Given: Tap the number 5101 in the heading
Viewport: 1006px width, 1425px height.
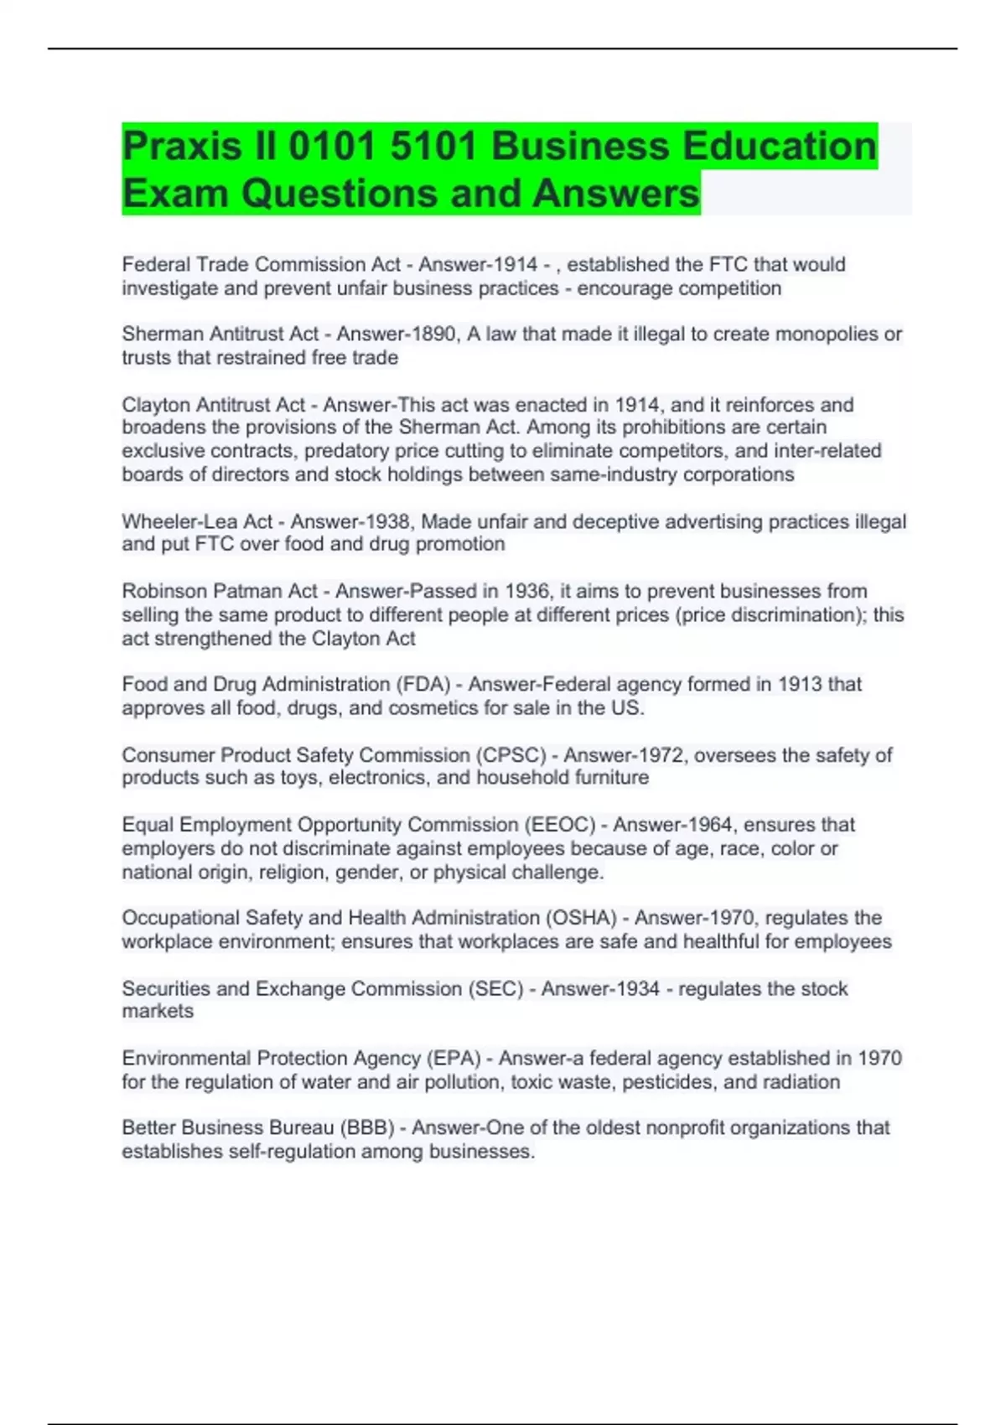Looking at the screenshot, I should [434, 147].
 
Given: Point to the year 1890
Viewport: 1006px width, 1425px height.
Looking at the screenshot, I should [437, 334].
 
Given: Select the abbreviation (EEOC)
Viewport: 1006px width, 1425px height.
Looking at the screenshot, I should [559, 825].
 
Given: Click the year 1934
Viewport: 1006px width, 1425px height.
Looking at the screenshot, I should [637, 989].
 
